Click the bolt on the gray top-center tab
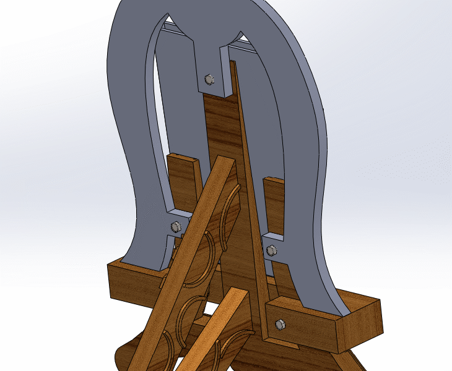(209, 79)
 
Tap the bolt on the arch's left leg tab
(175, 226)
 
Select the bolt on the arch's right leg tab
(271, 250)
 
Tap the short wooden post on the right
(273, 204)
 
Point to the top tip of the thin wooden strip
(233, 64)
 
